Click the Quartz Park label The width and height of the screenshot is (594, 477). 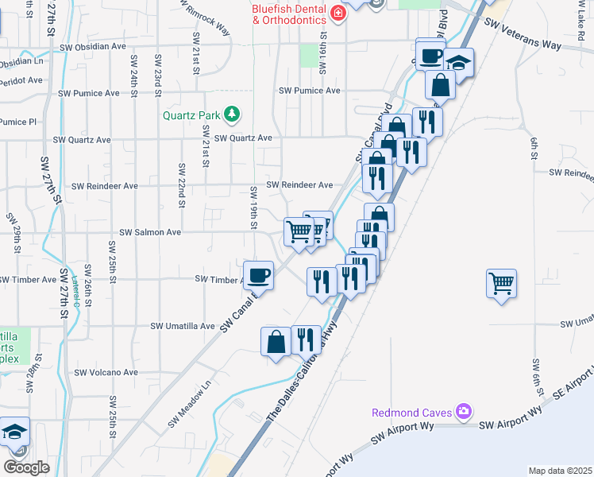coord(191,114)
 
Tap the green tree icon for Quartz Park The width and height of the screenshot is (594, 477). coord(232,114)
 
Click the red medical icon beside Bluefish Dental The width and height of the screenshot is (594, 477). coord(339,12)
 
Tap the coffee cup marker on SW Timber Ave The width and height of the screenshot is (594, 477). coord(259,276)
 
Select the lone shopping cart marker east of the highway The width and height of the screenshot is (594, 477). coord(502,283)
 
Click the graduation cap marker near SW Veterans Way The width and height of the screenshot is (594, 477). coord(458,63)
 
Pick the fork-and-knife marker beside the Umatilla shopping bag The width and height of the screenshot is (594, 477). coord(306,339)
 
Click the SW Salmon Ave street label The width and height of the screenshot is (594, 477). coord(150,232)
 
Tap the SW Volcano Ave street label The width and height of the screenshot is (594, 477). coord(106,372)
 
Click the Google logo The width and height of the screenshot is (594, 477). coord(26,467)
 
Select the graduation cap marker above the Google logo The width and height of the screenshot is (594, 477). coord(15,432)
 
